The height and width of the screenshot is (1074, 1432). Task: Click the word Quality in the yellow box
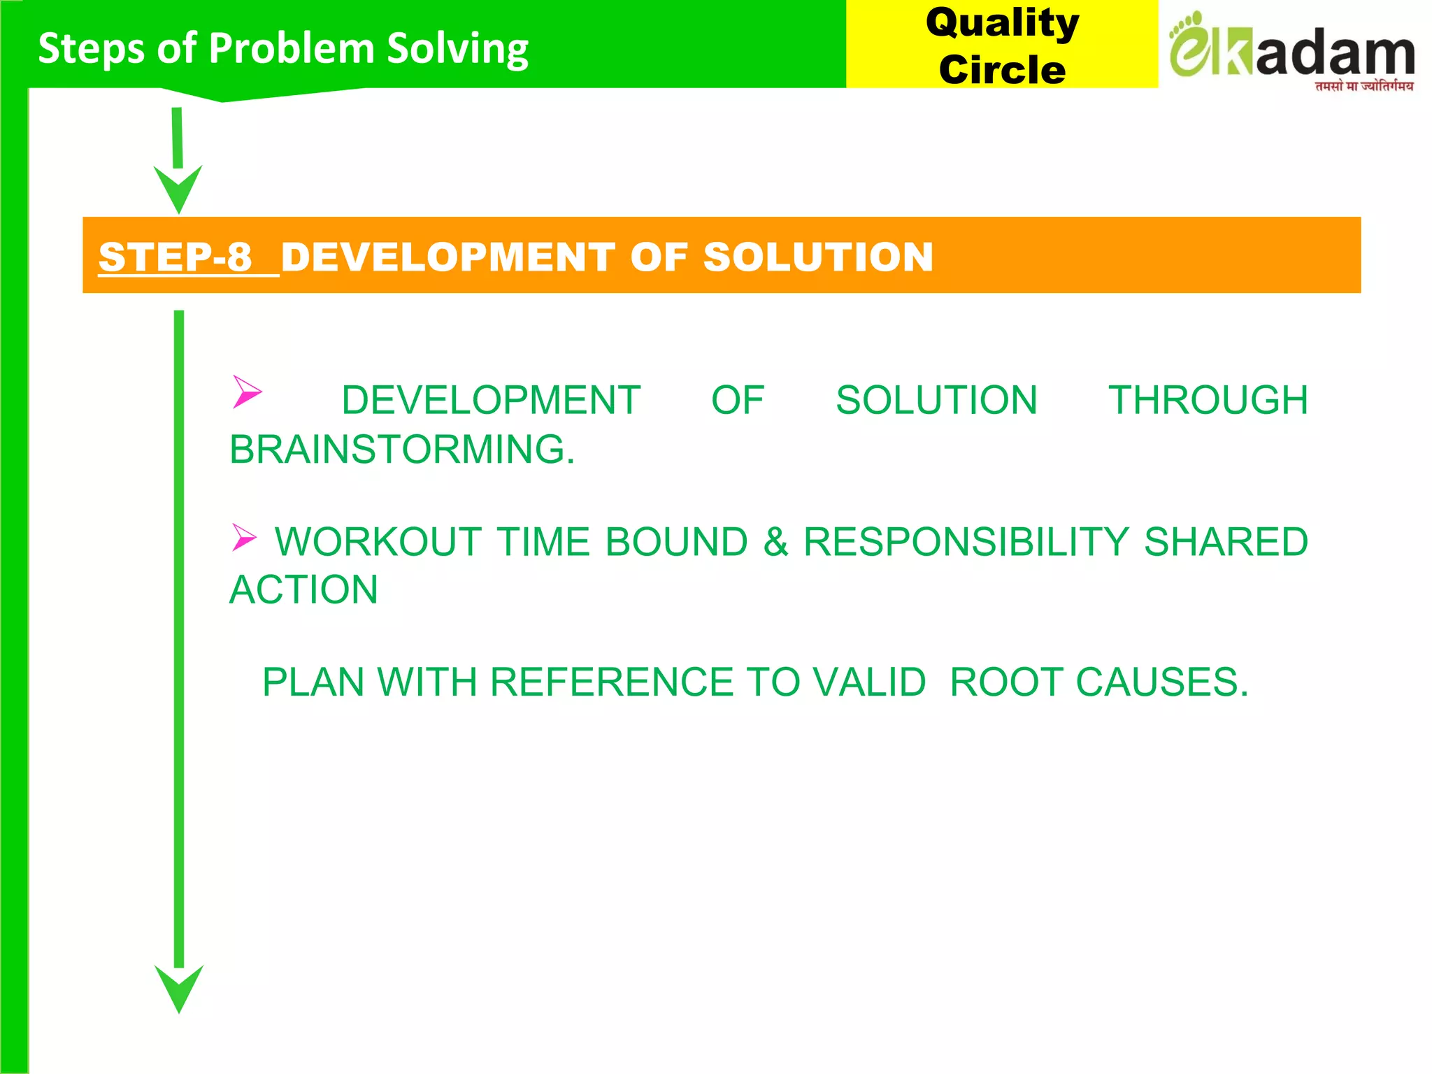1002,23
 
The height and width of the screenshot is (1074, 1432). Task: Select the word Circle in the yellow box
1002,70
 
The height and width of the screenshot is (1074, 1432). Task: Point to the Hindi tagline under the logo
1363,87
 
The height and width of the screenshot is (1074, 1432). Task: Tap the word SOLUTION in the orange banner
818,257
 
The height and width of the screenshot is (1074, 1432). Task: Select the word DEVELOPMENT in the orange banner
447,257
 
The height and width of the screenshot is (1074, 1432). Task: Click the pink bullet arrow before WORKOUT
244,538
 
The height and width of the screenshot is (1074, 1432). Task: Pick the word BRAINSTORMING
402,449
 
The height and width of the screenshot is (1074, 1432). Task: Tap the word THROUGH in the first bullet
1208,400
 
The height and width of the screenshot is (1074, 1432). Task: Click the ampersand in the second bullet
775,542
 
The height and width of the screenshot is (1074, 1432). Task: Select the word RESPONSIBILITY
966,542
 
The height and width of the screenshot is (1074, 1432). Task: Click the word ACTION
304,589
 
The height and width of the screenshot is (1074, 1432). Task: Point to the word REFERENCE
611,682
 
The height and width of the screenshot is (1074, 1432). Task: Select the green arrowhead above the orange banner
178,188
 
